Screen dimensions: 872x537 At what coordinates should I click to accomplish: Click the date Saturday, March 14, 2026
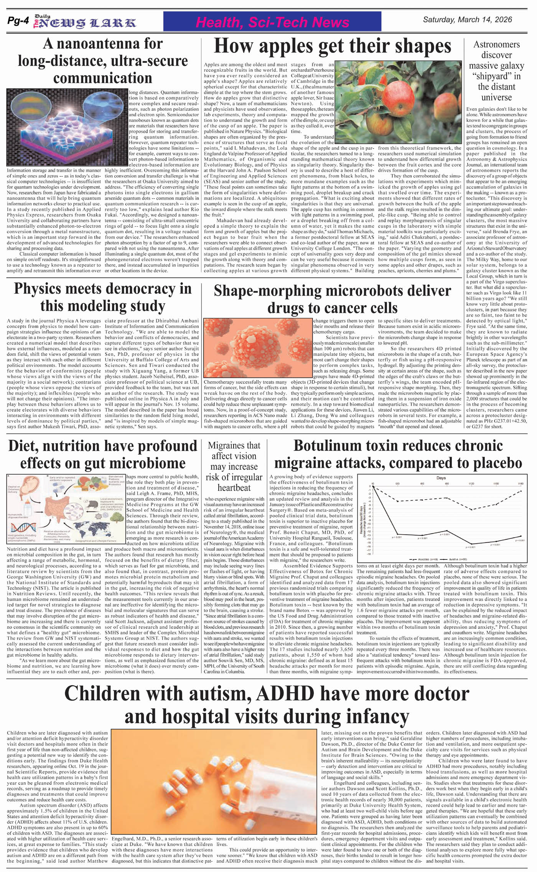[x=467, y=20]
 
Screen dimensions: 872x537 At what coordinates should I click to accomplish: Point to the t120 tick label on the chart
[x=471, y=484]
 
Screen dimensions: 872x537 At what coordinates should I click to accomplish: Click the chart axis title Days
[x=441, y=478]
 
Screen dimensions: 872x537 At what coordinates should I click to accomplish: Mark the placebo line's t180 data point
[x=521, y=491]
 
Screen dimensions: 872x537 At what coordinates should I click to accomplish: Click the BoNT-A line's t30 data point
[x=397, y=534]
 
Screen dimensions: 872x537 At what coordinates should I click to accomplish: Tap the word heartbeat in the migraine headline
[x=234, y=488]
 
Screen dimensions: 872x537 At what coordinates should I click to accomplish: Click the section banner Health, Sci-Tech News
[x=272, y=22]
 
